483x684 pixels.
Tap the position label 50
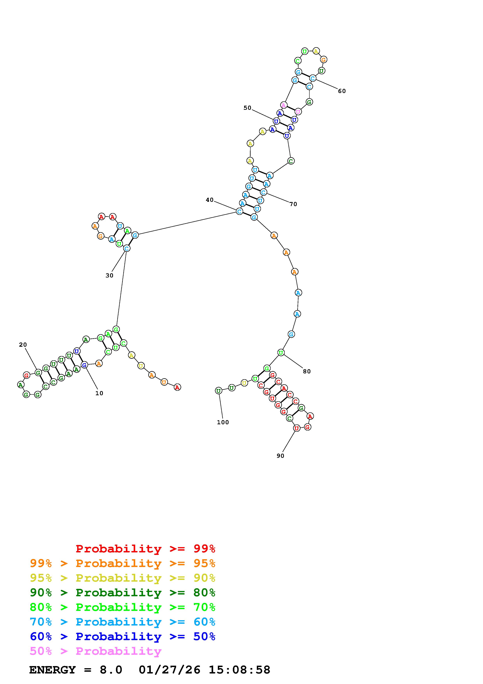click(247, 108)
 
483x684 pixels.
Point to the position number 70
click(293, 204)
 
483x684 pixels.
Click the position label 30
click(109, 276)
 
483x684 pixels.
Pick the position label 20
click(23, 345)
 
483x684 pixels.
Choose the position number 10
click(99, 393)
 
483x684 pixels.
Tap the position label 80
click(307, 371)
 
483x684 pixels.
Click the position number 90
click(280, 456)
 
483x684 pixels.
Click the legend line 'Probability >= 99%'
click(146, 548)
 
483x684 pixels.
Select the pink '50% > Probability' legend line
click(95, 651)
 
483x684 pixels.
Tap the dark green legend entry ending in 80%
click(123, 593)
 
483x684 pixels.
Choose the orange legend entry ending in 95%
click(123, 563)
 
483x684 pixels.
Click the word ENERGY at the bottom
click(52, 670)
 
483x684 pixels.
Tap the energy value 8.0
click(111, 670)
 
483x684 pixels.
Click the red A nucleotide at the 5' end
click(177, 387)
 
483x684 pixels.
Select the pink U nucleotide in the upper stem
click(298, 112)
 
